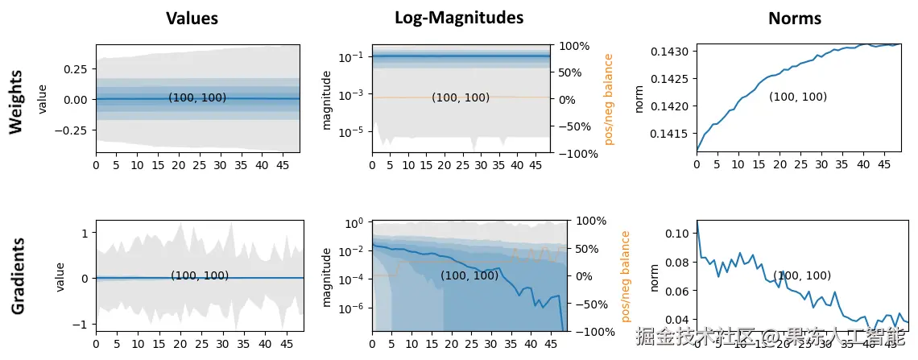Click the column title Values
192,19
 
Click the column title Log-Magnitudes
459,18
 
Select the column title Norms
795,19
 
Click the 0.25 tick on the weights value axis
79,69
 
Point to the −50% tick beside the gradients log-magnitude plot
591,304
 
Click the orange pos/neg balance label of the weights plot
609,99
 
